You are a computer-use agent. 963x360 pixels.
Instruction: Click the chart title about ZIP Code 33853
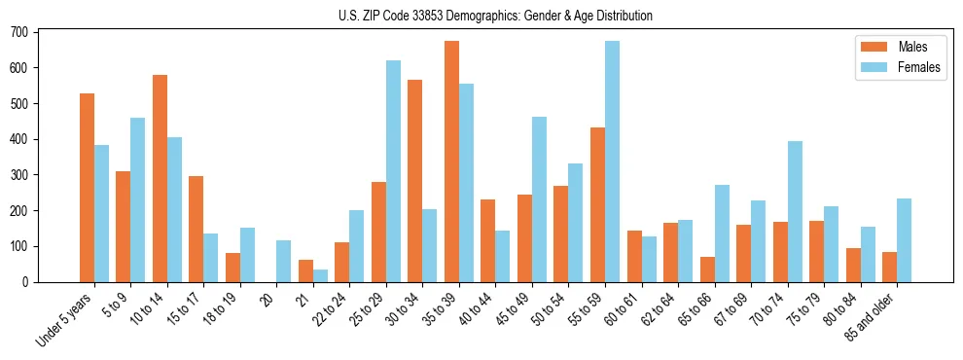click(x=481, y=16)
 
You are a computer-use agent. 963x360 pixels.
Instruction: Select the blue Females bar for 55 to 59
click(x=612, y=162)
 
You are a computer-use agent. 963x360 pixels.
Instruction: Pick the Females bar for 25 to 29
click(x=393, y=171)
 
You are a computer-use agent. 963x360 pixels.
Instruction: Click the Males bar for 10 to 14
click(x=160, y=179)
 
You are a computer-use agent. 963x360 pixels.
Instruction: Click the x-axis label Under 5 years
click(x=66, y=321)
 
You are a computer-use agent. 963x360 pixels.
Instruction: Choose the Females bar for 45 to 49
click(x=539, y=199)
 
